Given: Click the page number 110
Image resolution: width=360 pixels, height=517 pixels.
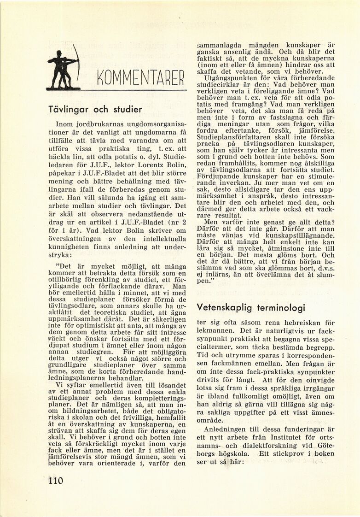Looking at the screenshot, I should (55, 481).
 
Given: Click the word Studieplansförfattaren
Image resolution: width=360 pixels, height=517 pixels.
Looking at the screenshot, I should (233, 137).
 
